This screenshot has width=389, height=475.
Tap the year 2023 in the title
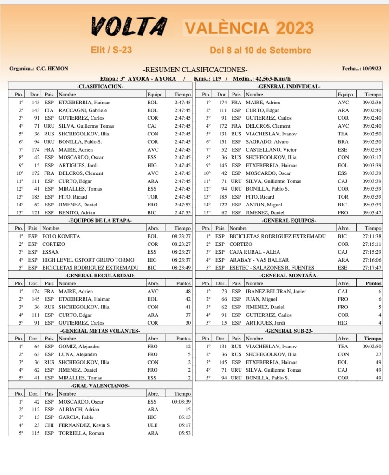pos(295,28)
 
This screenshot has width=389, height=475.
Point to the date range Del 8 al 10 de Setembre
pos(260,50)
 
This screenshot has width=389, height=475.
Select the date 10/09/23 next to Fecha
pos(371,69)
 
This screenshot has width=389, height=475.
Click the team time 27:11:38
pos(372,236)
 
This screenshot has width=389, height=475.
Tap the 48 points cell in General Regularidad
pos(188,291)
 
